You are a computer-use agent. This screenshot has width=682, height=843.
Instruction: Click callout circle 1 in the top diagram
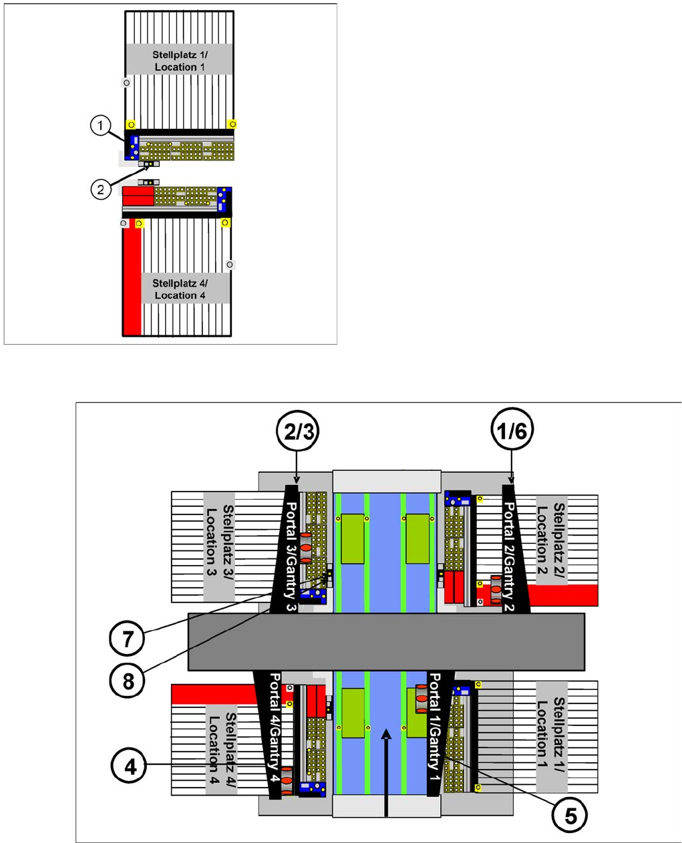point(100,125)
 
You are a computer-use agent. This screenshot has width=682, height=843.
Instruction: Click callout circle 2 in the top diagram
point(100,189)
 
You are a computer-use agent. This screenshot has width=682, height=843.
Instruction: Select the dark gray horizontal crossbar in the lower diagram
point(386,641)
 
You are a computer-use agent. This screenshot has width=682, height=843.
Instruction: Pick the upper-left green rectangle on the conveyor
point(352,539)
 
